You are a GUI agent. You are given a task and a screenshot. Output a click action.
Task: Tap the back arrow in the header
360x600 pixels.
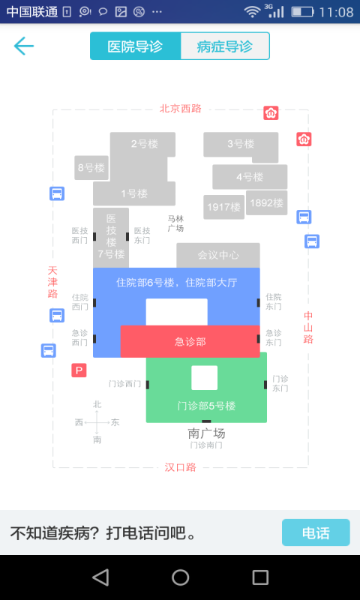pyautogui.click(x=24, y=46)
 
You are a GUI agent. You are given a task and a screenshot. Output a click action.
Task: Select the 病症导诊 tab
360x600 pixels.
pyautogui.click(x=225, y=46)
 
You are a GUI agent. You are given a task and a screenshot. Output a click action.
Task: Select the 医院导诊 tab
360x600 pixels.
pyautogui.click(x=136, y=46)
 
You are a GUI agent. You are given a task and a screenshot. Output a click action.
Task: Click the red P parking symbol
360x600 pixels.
pyautogui.click(x=79, y=370)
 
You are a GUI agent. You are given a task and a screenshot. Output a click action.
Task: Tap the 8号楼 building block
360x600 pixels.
pyautogui.click(x=91, y=167)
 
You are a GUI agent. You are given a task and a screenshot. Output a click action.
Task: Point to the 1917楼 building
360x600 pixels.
pyautogui.click(x=223, y=207)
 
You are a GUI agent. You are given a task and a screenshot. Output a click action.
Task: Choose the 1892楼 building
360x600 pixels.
pyautogui.click(x=267, y=202)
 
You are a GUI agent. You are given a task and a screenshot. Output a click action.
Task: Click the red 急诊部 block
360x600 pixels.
pyautogui.click(x=190, y=341)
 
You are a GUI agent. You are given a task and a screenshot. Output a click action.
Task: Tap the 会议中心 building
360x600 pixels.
pyautogui.click(x=218, y=255)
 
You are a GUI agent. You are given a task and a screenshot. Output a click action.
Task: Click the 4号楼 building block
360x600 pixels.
pyautogui.click(x=250, y=177)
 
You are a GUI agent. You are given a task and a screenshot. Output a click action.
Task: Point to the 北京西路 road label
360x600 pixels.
pyautogui.click(x=181, y=109)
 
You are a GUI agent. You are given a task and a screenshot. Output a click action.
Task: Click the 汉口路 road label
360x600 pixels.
pyautogui.click(x=181, y=467)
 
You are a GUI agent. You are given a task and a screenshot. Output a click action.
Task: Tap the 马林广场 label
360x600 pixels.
pyautogui.click(x=175, y=223)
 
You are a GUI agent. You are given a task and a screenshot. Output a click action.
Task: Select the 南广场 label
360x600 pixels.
pyautogui.click(x=206, y=433)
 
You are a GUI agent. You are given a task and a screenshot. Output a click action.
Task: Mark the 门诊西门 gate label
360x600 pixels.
pyautogui.click(x=124, y=384)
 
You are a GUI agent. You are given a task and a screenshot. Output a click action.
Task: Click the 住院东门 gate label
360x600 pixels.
pyautogui.click(x=274, y=301)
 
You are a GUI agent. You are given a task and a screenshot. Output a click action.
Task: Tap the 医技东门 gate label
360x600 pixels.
pyautogui.click(x=142, y=235)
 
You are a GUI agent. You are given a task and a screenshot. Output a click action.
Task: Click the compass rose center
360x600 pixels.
pyautogui.click(x=97, y=422)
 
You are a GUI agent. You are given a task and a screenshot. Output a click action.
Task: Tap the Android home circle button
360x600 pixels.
pyautogui.click(x=180, y=577)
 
